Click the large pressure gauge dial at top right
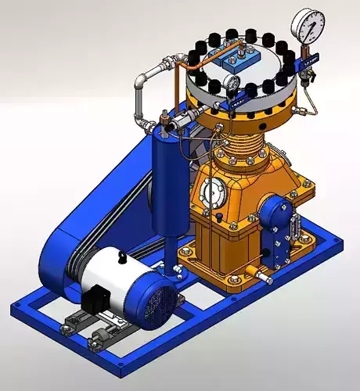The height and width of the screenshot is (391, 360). coord(308,25)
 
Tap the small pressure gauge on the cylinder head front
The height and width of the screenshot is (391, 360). coord(232,82)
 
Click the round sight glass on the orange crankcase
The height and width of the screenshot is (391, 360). coord(212,192)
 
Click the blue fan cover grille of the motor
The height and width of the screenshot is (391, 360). coord(160,301)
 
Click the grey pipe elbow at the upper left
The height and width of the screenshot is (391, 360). coord(141,78)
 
